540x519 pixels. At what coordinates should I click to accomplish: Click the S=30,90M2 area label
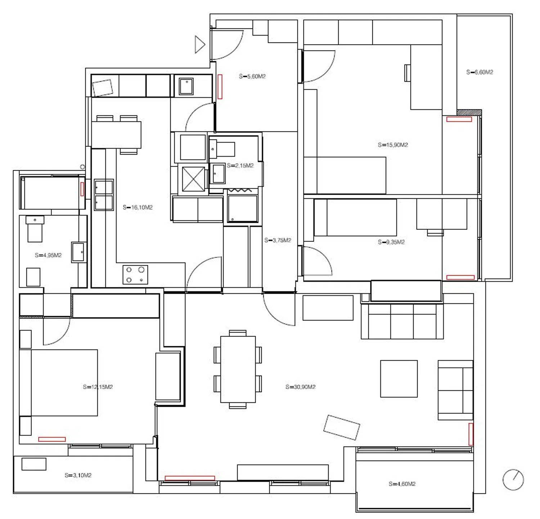point(300,387)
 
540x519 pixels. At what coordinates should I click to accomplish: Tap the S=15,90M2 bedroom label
point(393,145)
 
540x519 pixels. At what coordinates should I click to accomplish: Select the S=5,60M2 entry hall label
point(252,76)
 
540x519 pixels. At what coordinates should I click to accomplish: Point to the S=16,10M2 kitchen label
point(138,207)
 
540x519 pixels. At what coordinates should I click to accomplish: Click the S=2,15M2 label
point(240,166)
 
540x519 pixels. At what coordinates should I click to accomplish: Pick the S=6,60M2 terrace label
point(480,72)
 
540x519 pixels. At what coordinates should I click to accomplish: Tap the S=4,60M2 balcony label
point(402,484)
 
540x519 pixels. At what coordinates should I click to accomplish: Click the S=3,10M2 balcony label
point(78,475)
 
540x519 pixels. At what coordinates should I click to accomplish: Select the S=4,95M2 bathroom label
point(48,255)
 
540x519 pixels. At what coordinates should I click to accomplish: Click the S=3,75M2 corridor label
point(278,240)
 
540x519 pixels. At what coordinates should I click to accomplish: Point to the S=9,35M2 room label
point(391,242)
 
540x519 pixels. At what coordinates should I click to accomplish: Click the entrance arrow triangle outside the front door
point(200,45)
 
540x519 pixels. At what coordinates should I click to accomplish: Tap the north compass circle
point(513,479)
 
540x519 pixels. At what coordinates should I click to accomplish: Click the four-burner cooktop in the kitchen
point(135,275)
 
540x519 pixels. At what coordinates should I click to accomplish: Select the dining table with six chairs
point(238,369)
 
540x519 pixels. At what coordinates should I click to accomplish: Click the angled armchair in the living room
point(342,427)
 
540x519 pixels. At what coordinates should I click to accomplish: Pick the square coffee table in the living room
point(399,379)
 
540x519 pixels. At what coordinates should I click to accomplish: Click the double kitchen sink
point(104,195)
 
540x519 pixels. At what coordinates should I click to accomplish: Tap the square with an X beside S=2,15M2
point(193,179)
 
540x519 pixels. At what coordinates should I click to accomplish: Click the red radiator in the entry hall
point(220,86)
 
